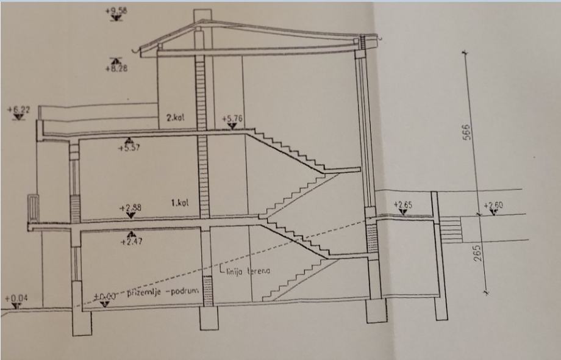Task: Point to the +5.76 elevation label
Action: (232, 118)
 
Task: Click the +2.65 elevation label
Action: (404, 204)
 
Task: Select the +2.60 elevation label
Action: (493, 206)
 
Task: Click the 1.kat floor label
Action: (180, 201)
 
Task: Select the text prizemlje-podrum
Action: (163, 293)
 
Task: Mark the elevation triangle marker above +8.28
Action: (115, 60)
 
